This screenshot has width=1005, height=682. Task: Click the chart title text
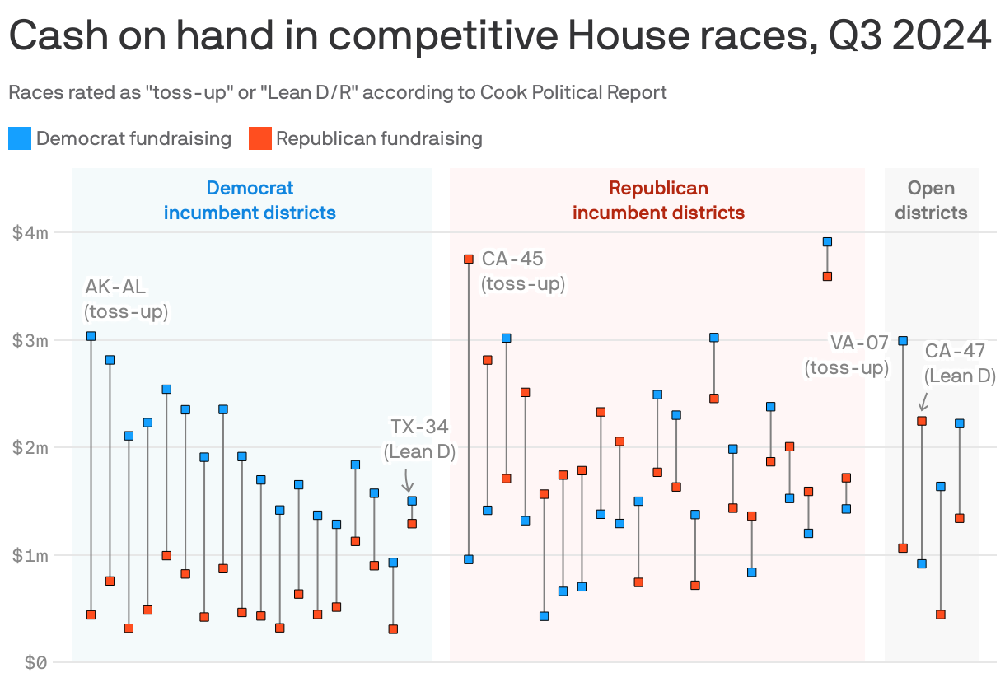pyautogui.click(x=499, y=36)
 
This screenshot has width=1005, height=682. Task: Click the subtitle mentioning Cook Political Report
pyautogui.click(x=337, y=92)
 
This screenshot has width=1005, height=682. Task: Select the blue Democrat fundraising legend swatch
pyautogui.click(x=20, y=138)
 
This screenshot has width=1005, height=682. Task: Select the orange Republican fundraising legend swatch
pyautogui.click(x=259, y=138)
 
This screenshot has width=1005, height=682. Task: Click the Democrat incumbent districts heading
pyautogui.click(x=250, y=200)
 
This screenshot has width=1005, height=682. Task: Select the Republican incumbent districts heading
pyautogui.click(x=658, y=200)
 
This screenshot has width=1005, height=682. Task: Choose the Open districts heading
pyautogui.click(x=931, y=200)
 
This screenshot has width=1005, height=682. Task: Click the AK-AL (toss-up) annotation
pyautogui.click(x=126, y=299)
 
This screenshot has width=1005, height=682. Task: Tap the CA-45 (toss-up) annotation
pyautogui.click(x=522, y=271)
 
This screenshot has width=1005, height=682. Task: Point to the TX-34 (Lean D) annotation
pyautogui.click(x=419, y=438)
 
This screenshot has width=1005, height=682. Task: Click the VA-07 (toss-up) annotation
pyautogui.click(x=847, y=355)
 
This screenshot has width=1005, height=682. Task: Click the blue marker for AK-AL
pyautogui.click(x=91, y=336)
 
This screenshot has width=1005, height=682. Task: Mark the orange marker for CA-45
pyautogui.click(x=469, y=259)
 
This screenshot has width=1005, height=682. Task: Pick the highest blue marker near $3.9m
pyautogui.click(x=827, y=241)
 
